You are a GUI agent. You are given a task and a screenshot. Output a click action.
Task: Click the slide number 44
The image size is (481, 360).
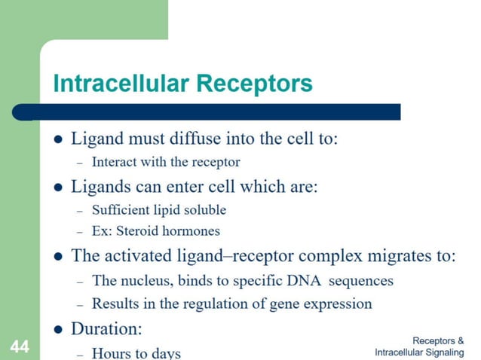18,346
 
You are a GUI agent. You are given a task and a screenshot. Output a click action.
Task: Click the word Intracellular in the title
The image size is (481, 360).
121,83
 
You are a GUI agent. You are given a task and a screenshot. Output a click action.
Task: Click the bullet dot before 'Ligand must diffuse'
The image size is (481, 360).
58,140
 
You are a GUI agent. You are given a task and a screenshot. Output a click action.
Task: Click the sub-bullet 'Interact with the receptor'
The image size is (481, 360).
166,162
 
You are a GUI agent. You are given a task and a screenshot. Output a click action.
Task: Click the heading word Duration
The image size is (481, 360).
106,329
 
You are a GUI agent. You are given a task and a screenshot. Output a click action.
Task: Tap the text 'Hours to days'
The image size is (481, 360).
136,352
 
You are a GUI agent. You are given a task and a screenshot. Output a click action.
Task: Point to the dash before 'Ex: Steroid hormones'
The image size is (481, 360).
79,231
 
